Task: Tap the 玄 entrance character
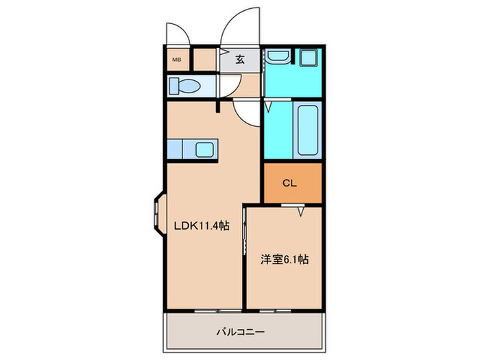[x=240, y=59]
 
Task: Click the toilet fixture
[x=185, y=87]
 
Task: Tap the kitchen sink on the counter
[x=204, y=149]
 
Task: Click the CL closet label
[x=290, y=183]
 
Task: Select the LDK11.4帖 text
[x=200, y=226]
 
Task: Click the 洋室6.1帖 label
[x=284, y=260]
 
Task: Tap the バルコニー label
[x=241, y=333]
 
